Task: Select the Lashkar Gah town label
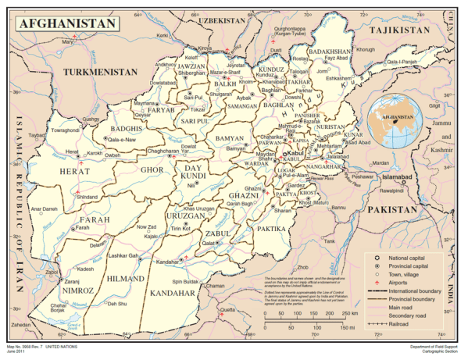[x=123, y=255]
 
